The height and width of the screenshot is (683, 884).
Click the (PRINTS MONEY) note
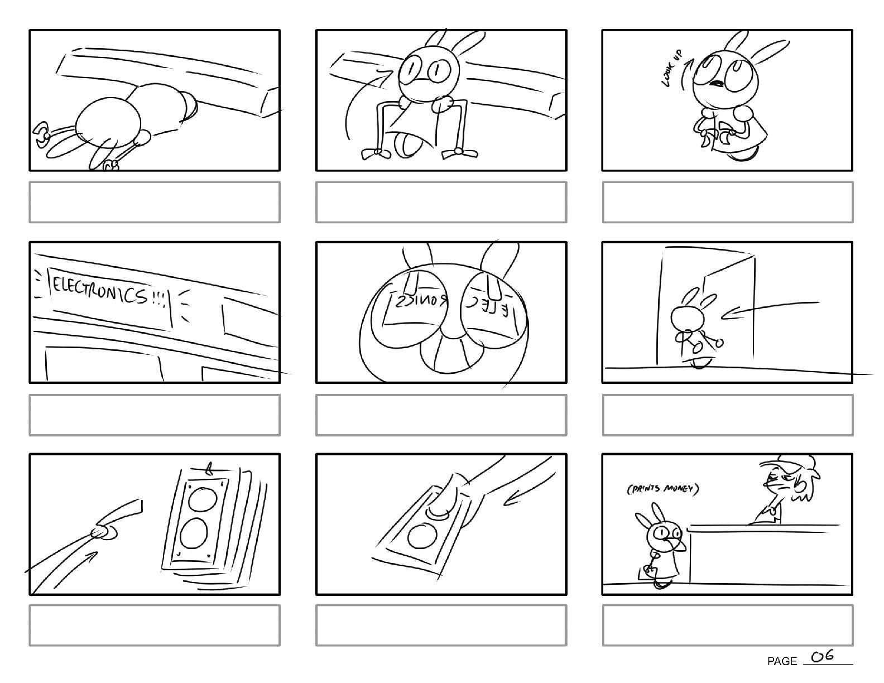(x=662, y=490)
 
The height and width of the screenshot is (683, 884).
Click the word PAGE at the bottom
(x=782, y=661)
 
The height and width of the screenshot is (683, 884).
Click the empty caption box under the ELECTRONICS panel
(x=155, y=415)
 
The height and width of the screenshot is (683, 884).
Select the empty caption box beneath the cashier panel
(x=727, y=625)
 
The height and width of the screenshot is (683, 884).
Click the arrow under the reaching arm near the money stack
(x=75, y=569)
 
